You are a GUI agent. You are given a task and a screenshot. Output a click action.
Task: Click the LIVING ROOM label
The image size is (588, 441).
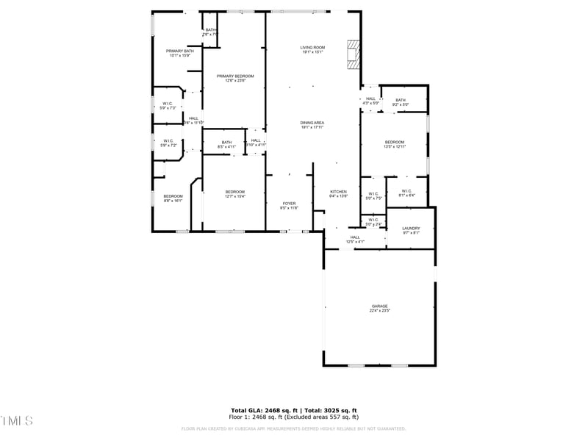click(312, 49)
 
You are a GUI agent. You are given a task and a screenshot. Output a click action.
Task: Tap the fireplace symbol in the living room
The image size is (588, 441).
click(354, 53)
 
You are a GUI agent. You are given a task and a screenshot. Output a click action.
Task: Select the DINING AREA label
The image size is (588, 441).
click(312, 124)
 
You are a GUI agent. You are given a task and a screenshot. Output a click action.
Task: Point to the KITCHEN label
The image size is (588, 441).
click(338, 193)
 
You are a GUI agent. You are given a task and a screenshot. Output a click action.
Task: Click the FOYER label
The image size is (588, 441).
click(290, 205)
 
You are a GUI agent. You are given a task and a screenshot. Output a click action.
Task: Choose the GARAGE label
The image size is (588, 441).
click(379, 308)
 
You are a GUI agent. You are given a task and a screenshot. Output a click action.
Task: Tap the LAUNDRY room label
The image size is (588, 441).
click(411, 230)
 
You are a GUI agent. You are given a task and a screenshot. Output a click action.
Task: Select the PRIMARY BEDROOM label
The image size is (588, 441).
click(234, 78)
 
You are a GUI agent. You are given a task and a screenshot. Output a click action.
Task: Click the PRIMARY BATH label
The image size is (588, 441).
click(179, 53)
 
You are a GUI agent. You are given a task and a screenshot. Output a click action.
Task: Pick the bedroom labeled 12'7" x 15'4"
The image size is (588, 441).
click(234, 193)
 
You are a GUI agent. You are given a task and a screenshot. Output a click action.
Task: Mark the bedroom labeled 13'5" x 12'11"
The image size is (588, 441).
click(395, 144)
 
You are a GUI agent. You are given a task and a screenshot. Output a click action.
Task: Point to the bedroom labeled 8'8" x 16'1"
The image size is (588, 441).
click(173, 198)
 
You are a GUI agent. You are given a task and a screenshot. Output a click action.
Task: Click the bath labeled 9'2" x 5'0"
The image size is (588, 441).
click(400, 102)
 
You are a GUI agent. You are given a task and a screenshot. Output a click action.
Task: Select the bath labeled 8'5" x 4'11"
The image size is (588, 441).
click(226, 144)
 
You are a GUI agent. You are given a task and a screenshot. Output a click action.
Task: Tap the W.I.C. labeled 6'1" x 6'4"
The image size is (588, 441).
click(407, 193)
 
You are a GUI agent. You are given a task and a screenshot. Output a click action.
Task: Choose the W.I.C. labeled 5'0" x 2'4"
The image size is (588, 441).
click(373, 221)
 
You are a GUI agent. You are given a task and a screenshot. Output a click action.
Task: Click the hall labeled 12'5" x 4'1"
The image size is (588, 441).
click(355, 239)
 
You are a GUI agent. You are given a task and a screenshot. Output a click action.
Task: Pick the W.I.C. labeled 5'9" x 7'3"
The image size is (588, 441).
click(168, 105)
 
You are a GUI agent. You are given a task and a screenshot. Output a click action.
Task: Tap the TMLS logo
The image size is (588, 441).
click(17, 420)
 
